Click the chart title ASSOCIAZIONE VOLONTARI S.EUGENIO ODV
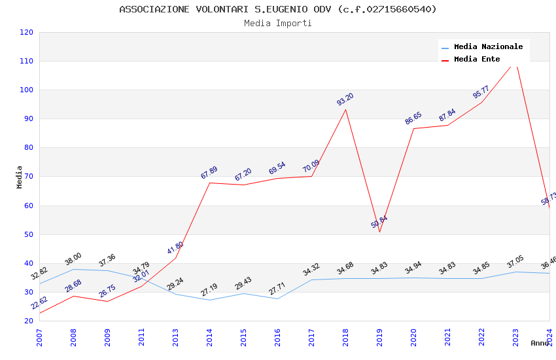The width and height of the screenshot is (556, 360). [278, 9]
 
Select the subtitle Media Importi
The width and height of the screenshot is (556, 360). [278, 24]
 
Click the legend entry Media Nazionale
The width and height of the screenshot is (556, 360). [488, 46]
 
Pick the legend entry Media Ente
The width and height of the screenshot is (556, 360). [477, 59]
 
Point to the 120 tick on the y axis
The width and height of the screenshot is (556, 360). [27, 32]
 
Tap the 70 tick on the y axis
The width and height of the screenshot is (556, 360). [29, 177]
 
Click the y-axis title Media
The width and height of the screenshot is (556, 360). [20, 177]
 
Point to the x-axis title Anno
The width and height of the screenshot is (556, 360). [540, 343]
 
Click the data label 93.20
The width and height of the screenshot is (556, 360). [345, 99]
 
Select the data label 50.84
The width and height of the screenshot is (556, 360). [379, 222]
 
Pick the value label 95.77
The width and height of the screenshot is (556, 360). [481, 92]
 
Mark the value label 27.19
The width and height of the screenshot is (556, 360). [209, 289]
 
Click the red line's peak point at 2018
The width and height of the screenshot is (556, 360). [345, 109]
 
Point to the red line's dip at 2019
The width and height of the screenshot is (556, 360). [379, 232]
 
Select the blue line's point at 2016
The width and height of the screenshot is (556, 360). [277, 298]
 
